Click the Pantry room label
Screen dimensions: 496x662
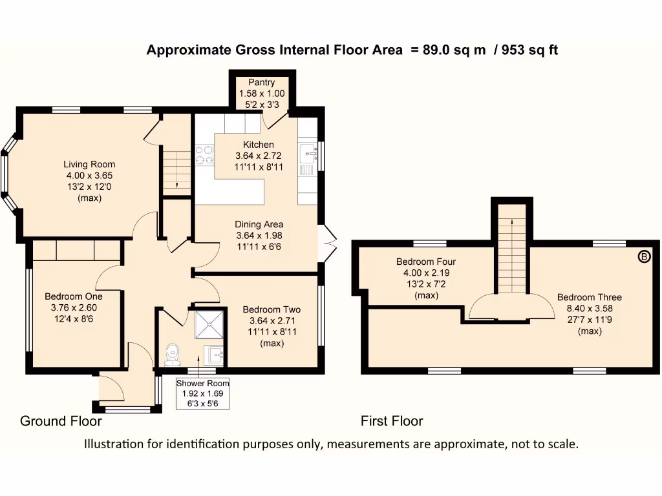point(262,83)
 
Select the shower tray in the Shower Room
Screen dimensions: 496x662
point(208,322)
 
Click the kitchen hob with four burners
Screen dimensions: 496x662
point(205,155)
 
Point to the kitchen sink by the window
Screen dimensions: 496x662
point(307,154)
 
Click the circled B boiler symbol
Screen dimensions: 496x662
point(644,257)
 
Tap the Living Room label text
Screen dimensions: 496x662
point(90,164)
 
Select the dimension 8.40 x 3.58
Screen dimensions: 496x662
point(590,309)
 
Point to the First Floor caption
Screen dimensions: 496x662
point(392,421)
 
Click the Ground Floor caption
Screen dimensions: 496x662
point(61,421)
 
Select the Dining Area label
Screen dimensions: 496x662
point(259,224)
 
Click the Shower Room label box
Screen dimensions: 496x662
point(202,393)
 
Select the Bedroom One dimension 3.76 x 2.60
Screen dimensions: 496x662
point(73,307)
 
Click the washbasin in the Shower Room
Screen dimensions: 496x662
point(213,354)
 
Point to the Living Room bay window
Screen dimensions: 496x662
point(8,173)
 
